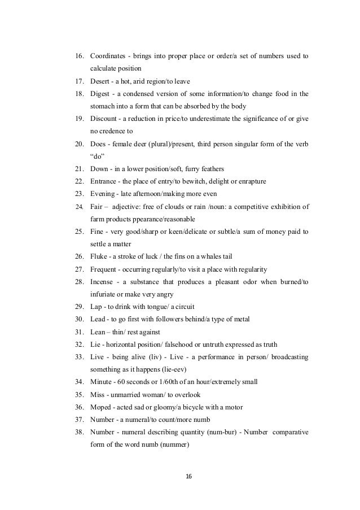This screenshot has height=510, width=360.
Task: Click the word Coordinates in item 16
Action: pyautogui.click(x=109, y=57)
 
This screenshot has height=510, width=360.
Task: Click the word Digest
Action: pyautogui.click(x=100, y=93)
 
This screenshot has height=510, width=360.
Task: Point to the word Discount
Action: pyautogui.click(x=104, y=118)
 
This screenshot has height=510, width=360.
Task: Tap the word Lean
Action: pyautogui.click(x=98, y=332)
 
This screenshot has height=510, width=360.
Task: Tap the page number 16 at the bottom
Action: pyautogui.click(x=189, y=477)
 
